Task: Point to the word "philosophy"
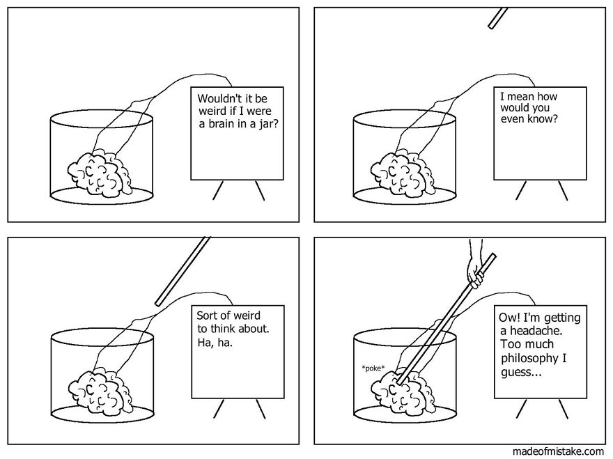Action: (529, 358)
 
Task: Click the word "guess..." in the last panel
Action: (520, 372)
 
